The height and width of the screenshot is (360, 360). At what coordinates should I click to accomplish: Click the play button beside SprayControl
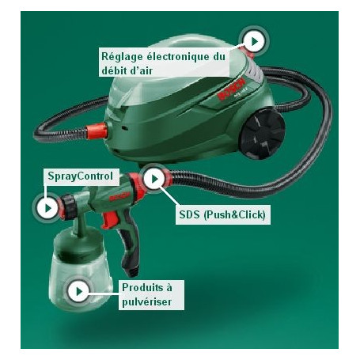(x=47, y=208)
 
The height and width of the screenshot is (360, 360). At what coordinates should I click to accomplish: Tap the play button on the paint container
(x=78, y=291)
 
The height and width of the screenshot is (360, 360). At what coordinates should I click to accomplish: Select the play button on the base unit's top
(x=254, y=41)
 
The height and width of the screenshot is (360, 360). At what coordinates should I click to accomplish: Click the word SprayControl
(x=81, y=176)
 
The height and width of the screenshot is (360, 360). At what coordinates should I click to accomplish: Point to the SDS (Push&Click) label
(x=223, y=214)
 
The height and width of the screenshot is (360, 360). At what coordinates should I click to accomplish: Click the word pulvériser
(x=147, y=301)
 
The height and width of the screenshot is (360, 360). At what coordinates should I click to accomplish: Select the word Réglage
(x=122, y=57)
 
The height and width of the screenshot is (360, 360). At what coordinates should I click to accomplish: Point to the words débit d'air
(x=127, y=70)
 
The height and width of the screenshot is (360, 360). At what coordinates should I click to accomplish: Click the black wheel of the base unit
(x=263, y=134)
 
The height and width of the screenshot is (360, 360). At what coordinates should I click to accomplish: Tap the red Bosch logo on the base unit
(x=232, y=89)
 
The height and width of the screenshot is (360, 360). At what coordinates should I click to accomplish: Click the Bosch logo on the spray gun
(x=119, y=196)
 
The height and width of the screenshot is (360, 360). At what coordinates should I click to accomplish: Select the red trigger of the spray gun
(x=108, y=220)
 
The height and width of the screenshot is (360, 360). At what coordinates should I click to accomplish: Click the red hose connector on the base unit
(x=97, y=131)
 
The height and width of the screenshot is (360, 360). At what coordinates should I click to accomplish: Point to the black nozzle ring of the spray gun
(x=70, y=207)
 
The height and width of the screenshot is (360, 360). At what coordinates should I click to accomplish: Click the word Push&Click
(x=234, y=214)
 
